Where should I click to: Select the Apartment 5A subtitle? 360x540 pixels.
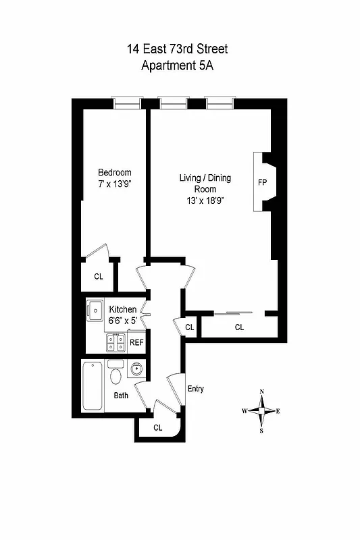(x=179, y=65)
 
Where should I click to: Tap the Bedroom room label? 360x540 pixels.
(x=114, y=173)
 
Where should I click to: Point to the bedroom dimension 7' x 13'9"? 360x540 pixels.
(x=114, y=184)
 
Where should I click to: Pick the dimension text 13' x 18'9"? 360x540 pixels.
(x=205, y=200)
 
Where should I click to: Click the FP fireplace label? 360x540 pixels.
(x=263, y=182)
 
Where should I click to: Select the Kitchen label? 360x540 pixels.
(x=123, y=309)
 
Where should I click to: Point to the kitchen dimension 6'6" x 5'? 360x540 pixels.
(x=123, y=321)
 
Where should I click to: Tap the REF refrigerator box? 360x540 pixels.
(x=136, y=343)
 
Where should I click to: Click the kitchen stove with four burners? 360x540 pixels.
(x=115, y=344)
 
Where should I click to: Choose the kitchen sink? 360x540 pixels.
(x=94, y=308)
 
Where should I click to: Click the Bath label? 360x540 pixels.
(x=121, y=396)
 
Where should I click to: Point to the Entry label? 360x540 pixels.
(x=195, y=389)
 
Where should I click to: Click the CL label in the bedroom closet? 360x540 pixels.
(x=99, y=276)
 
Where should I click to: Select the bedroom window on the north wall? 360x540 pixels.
(x=126, y=103)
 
